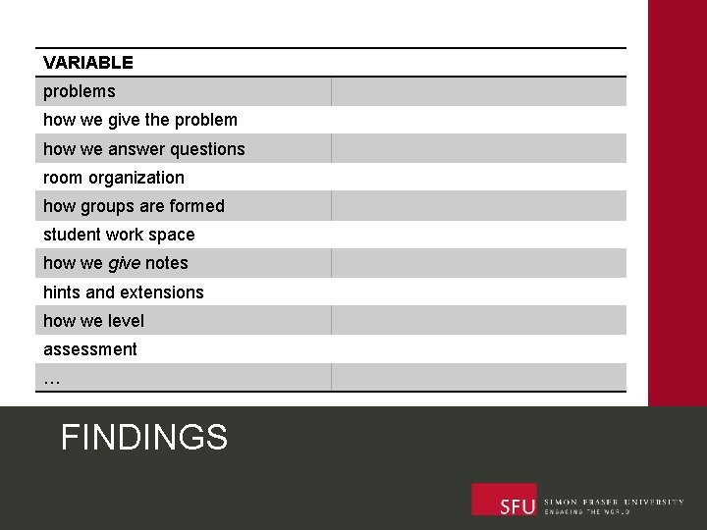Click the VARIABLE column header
tap(88, 63)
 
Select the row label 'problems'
tap(79, 91)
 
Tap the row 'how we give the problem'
tap(140, 120)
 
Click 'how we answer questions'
tap(144, 149)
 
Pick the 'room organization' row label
tap(114, 178)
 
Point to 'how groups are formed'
tap(134, 206)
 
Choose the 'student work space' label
tap(119, 235)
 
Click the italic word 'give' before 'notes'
tap(125, 263)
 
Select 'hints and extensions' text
tap(124, 292)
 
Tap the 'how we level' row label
tap(93, 321)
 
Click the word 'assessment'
tap(90, 349)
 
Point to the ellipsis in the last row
tap(52, 378)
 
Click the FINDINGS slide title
tap(144, 437)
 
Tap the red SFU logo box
tap(504, 500)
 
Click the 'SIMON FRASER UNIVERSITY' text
tap(614, 502)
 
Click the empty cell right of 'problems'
tap(478, 91)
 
